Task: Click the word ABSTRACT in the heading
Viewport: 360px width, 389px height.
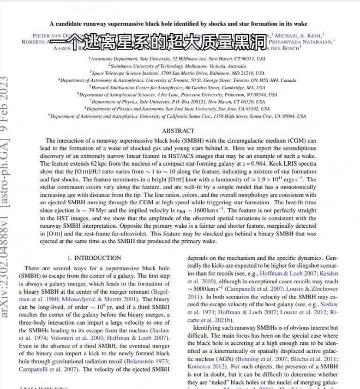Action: pyautogui.click(x=178, y=131)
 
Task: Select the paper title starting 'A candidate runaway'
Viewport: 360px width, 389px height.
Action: pyautogui.click(x=178, y=24)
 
